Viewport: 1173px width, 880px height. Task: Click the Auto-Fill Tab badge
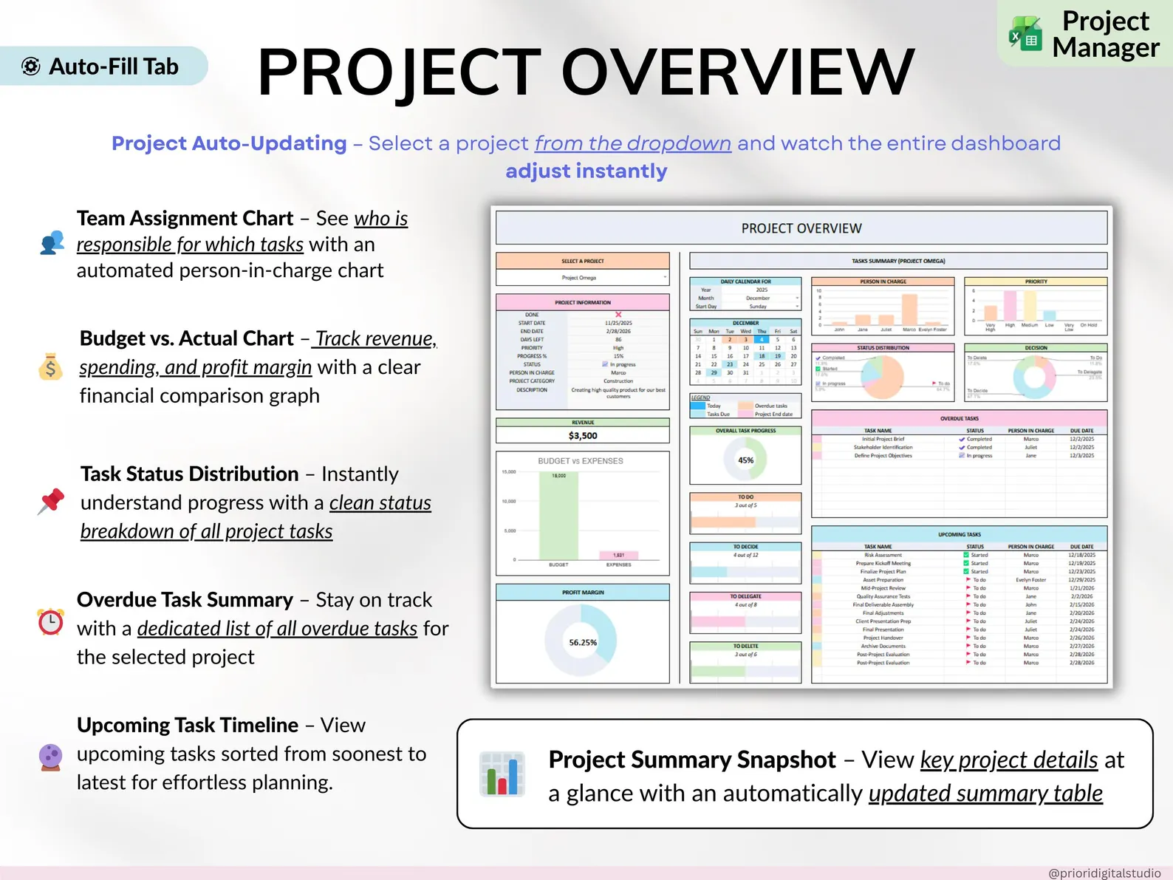coord(103,66)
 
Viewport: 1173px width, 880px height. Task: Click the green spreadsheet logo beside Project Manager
coord(1025,33)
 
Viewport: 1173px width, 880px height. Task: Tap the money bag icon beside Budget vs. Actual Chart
coord(50,366)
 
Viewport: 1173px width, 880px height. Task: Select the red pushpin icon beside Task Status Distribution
coord(51,502)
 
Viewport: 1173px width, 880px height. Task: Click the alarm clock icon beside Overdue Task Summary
coord(50,621)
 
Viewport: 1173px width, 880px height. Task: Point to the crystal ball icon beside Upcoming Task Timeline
coord(50,757)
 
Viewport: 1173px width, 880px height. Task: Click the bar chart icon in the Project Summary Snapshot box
coord(502,774)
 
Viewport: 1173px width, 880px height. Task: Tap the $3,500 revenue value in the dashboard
coord(583,436)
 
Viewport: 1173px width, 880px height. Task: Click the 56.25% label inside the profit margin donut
coord(583,642)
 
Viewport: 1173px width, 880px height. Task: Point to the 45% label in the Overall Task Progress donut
coord(746,460)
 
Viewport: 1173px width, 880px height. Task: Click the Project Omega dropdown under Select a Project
coord(583,278)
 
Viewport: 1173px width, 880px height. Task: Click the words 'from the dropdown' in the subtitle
coord(633,143)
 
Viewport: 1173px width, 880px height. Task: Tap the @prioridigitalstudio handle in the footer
coord(1104,873)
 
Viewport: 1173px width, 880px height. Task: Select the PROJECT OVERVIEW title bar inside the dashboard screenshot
coord(801,228)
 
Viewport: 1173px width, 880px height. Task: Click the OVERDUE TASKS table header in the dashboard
coord(959,418)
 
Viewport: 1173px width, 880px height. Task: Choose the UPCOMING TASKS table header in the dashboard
coord(959,534)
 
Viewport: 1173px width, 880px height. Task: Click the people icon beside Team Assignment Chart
coord(52,242)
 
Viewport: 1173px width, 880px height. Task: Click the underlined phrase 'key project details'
coord(1009,760)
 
